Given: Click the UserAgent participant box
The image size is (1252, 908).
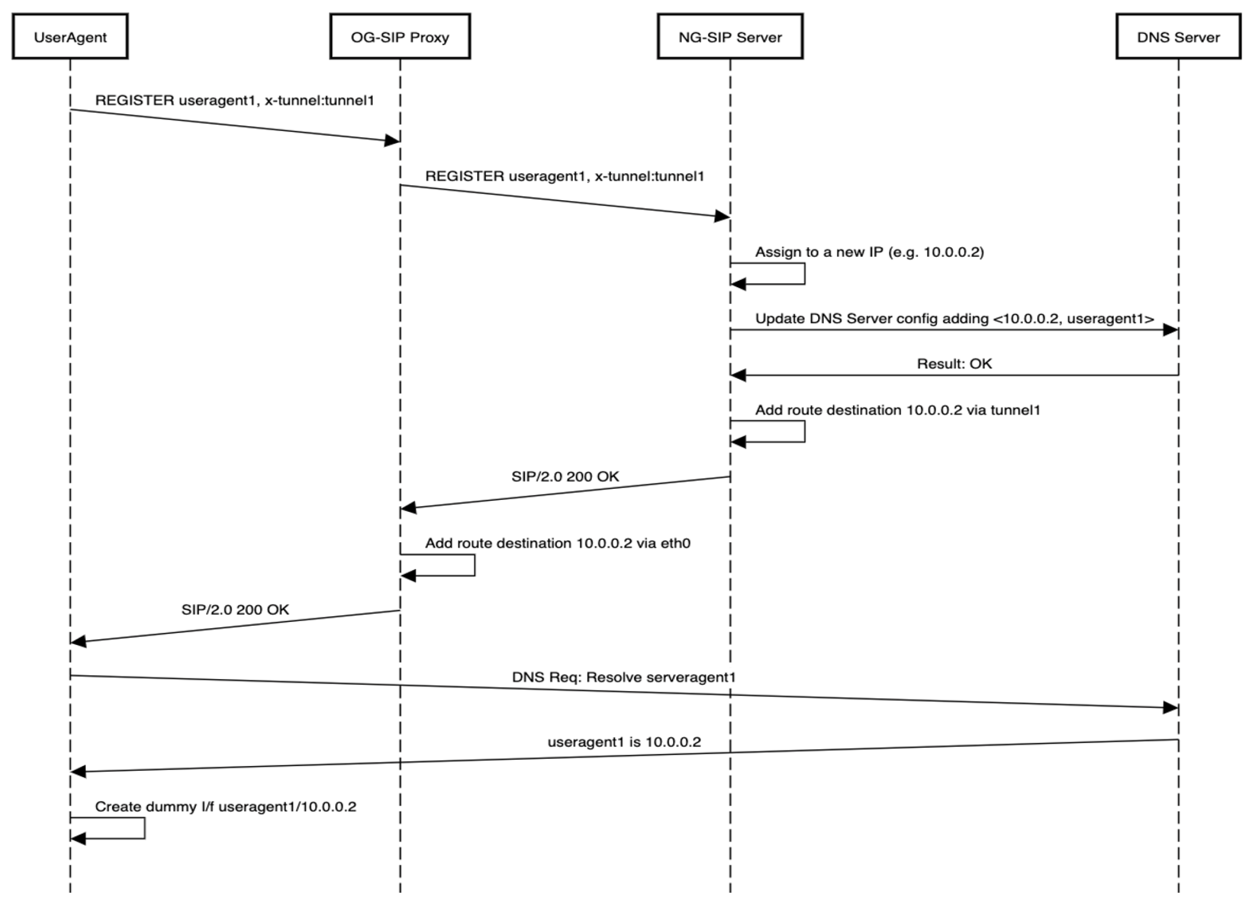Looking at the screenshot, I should [x=70, y=37].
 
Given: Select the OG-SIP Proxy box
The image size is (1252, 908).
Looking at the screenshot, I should [x=400, y=37].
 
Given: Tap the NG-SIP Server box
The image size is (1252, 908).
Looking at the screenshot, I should [x=730, y=37].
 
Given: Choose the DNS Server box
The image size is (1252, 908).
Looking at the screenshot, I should [x=1178, y=37].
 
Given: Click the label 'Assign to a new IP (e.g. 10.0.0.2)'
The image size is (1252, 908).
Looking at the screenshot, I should [x=869, y=252].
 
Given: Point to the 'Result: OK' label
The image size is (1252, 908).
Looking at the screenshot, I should [x=954, y=364].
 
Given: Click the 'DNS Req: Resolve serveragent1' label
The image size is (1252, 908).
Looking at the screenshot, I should [x=624, y=677].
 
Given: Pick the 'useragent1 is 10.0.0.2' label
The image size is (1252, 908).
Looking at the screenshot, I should [x=624, y=742].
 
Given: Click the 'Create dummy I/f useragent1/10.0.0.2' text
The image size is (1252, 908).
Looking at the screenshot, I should [x=226, y=807].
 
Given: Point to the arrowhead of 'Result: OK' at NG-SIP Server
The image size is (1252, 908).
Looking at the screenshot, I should [x=739, y=376].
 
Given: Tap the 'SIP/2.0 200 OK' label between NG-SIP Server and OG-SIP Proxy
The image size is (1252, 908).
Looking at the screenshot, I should [x=565, y=476].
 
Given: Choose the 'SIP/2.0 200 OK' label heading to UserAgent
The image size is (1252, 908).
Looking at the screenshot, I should [x=235, y=609].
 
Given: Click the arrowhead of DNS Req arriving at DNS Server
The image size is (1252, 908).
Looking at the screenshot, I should [x=1170, y=708].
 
